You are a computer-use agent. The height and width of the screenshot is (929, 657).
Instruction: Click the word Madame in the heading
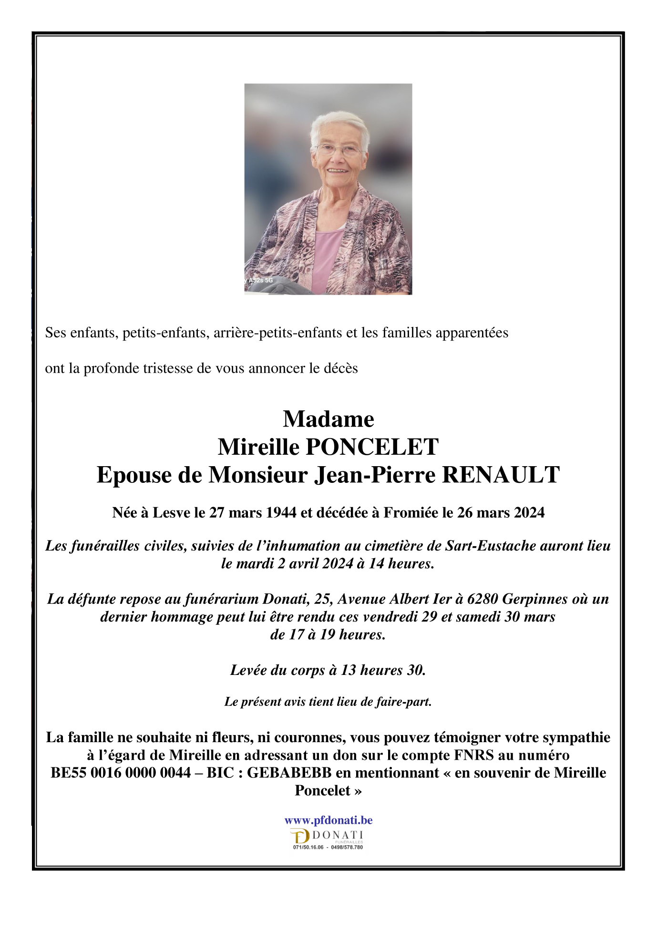pos(328,419)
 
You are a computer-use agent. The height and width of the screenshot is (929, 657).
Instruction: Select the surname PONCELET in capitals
pos(372,447)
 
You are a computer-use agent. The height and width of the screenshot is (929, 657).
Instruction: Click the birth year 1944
pos(281,512)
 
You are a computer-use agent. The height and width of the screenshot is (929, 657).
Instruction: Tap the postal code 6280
pos(482,599)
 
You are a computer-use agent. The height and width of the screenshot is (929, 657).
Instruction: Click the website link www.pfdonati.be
pos(328,820)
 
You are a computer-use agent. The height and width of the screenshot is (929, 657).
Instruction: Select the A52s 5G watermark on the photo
pos(260,280)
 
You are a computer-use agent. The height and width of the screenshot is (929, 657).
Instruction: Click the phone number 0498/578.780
pos(347,847)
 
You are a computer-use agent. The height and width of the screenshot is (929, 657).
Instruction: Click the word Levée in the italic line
pos(248,670)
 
